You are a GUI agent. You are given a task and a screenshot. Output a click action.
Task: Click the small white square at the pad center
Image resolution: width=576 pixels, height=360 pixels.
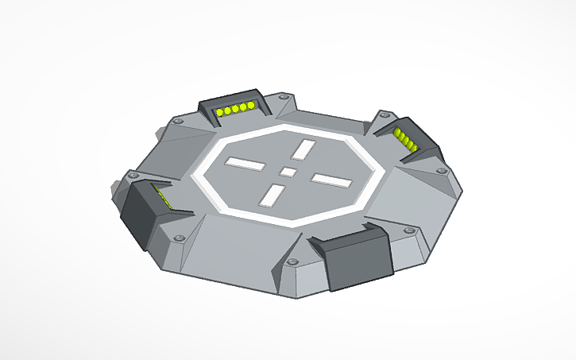pyautogui.click(x=288, y=172)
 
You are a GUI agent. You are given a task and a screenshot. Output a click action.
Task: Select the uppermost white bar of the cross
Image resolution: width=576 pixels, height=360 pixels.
pyautogui.click(x=303, y=149)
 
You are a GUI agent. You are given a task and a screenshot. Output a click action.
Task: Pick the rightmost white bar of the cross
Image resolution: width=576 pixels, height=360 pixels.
pyautogui.click(x=331, y=180)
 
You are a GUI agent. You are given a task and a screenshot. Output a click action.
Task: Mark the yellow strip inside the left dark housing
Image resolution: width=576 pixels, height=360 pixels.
pyautogui.click(x=162, y=197)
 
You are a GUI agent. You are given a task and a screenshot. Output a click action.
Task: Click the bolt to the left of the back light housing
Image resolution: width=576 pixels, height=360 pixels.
pyautogui.click(x=179, y=122)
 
